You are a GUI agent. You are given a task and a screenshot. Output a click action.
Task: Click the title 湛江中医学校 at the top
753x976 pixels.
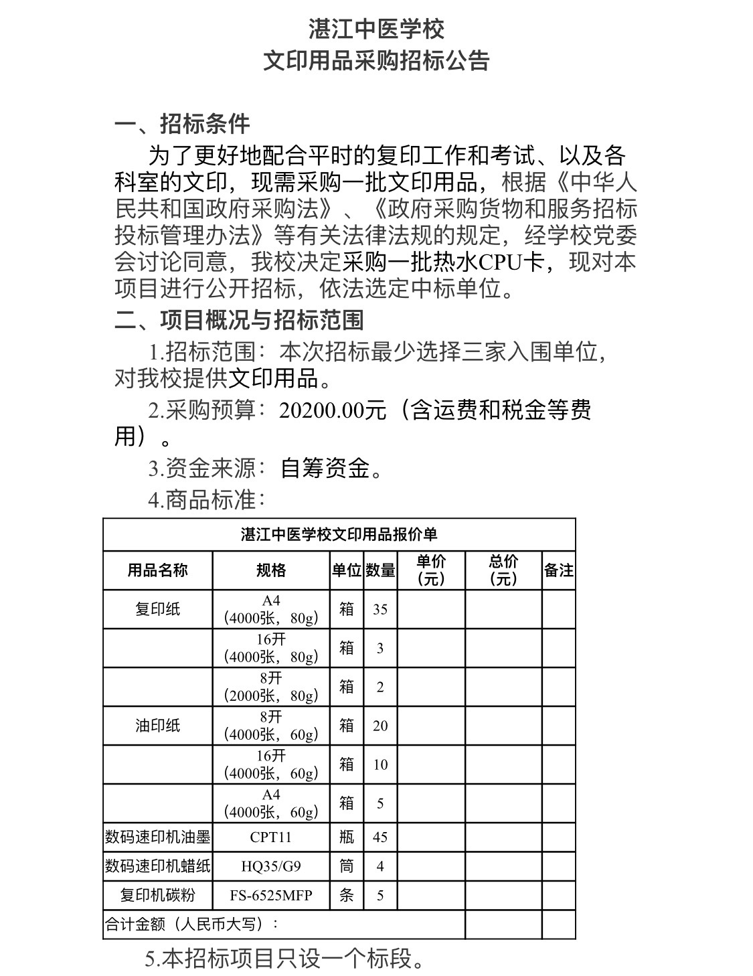click(x=376, y=29)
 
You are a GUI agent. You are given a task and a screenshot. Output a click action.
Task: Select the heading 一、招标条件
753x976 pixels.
click(x=182, y=124)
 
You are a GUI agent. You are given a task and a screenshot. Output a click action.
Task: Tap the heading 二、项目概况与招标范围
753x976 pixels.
click(x=239, y=320)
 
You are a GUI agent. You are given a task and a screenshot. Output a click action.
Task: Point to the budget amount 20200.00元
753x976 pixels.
click(x=333, y=410)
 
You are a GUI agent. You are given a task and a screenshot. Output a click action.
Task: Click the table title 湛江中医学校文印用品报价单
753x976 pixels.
click(x=339, y=534)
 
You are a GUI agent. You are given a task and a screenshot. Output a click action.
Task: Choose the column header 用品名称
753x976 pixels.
click(x=157, y=570)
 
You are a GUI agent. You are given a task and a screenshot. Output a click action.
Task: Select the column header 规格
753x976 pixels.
click(x=271, y=570)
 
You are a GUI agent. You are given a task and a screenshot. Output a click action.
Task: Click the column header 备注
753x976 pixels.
click(x=558, y=570)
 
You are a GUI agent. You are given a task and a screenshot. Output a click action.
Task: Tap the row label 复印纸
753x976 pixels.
click(x=157, y=609)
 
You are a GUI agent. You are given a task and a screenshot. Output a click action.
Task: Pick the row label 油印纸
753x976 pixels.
click(x=157, y=726)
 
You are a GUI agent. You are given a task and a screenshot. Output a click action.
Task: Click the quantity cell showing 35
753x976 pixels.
click(x=380, y=609)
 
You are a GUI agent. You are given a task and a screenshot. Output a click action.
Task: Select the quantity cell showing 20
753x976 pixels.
click(x=380, y=726)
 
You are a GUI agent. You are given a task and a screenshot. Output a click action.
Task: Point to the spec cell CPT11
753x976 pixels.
click(x=271, y=837)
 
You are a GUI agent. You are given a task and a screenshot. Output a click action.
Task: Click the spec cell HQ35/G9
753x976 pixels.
click(x=271, y=866)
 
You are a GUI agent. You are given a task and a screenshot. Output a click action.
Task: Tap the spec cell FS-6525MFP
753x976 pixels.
click(x=271, y=895)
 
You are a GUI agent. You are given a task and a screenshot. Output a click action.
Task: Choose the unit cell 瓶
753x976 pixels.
click(x=346, y=837)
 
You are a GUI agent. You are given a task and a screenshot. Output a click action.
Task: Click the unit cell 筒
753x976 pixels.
click(x=346, y=866)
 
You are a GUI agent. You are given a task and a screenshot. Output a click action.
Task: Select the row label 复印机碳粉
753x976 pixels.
click(x=157, y=895)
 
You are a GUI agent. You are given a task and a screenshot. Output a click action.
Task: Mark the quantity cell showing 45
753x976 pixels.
click(x=380, y=837)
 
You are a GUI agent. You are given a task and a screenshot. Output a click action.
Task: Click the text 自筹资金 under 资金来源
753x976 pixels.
click(x=325, y=469)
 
